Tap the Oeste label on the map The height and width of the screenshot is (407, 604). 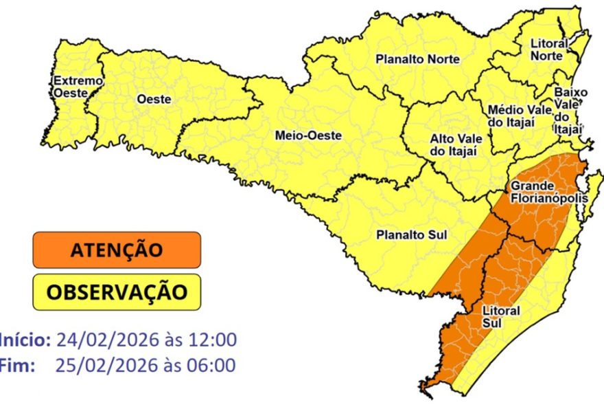(154, 99)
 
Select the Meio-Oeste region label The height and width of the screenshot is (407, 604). (307, 135)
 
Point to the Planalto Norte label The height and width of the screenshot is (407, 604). (417, 60)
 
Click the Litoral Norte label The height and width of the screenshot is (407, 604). (549, 49)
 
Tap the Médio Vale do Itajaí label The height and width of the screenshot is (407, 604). (514, 115)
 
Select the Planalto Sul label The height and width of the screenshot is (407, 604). (411, 235)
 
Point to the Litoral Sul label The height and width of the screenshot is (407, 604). (500, 316)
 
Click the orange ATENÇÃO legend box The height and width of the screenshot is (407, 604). (116, 250)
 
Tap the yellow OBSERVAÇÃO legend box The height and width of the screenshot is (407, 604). (116, 292)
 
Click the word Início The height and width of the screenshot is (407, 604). (25, 340)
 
